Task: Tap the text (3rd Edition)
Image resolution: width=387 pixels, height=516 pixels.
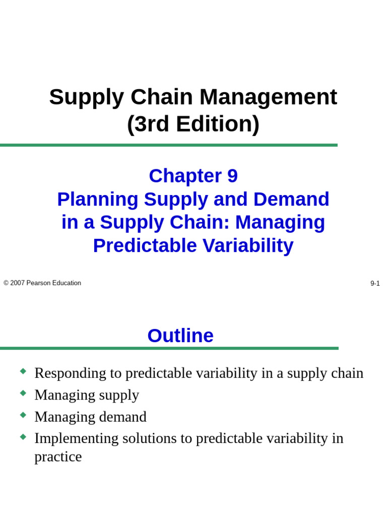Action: [x=193, y=124]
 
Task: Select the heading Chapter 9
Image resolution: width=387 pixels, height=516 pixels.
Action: [x=193, y=176]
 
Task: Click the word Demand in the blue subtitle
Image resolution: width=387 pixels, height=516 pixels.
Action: [x=291, y=199]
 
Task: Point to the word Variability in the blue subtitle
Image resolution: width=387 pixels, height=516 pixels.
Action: [x=248, y=246]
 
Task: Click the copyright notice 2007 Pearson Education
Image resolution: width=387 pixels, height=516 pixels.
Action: [x=42, y=283]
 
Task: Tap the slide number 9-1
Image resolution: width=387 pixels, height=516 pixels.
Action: [x=375, y=283]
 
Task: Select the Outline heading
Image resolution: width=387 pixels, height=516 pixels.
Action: [x=180, y=336]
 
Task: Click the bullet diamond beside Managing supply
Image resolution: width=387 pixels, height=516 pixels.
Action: [x=23, y=393]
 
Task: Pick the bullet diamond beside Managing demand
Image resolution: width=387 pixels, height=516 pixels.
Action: [x=23, y=415]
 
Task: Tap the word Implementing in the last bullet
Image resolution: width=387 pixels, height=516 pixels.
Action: [x=77, y=439]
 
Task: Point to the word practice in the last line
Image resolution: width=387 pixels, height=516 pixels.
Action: [x=58, y=457]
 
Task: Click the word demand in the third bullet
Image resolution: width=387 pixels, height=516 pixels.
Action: [x=123, y=417]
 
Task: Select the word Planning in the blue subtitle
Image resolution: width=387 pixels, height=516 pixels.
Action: [x=98, y=200]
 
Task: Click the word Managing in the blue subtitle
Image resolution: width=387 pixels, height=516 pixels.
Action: [x=280, y=223]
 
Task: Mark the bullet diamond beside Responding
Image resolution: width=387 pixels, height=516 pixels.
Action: [x=23, y=371]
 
